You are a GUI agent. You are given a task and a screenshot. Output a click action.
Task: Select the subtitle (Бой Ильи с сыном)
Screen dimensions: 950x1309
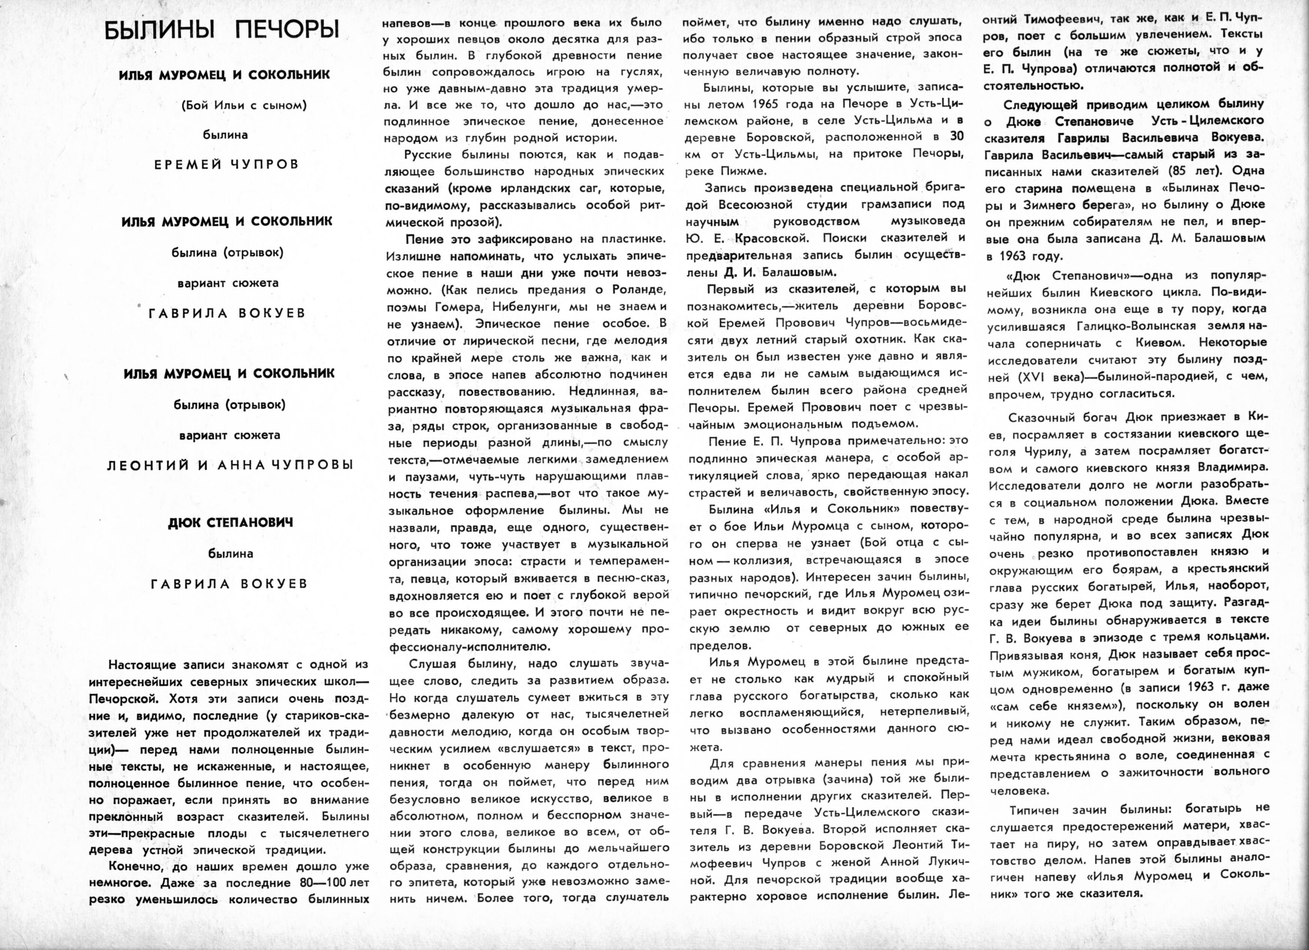pos(243,105)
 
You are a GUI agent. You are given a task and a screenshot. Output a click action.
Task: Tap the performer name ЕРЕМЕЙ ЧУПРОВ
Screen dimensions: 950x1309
pos(227,164)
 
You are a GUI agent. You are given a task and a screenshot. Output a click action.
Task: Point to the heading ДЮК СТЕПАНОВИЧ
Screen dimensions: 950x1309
pos(231,522)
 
